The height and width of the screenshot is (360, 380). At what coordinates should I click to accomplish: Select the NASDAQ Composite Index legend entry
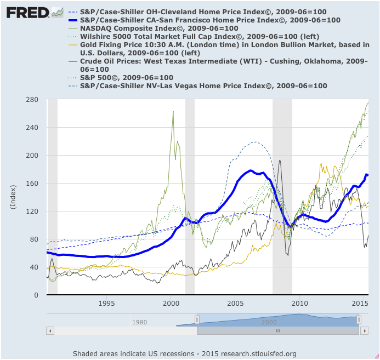point(159,28)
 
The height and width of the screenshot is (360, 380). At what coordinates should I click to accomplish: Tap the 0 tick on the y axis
point(36,295)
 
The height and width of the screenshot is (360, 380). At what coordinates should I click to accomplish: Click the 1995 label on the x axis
point(107,303)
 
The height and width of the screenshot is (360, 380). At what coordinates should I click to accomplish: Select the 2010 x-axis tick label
point(299,303)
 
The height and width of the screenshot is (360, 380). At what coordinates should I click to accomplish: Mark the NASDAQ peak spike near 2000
point(173,112)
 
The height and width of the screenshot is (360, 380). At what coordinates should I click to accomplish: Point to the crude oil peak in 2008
point(280,161)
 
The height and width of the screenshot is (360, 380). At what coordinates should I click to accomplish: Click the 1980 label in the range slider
point(139,323)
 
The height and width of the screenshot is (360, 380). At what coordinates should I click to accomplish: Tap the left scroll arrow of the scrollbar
point(50,331)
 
